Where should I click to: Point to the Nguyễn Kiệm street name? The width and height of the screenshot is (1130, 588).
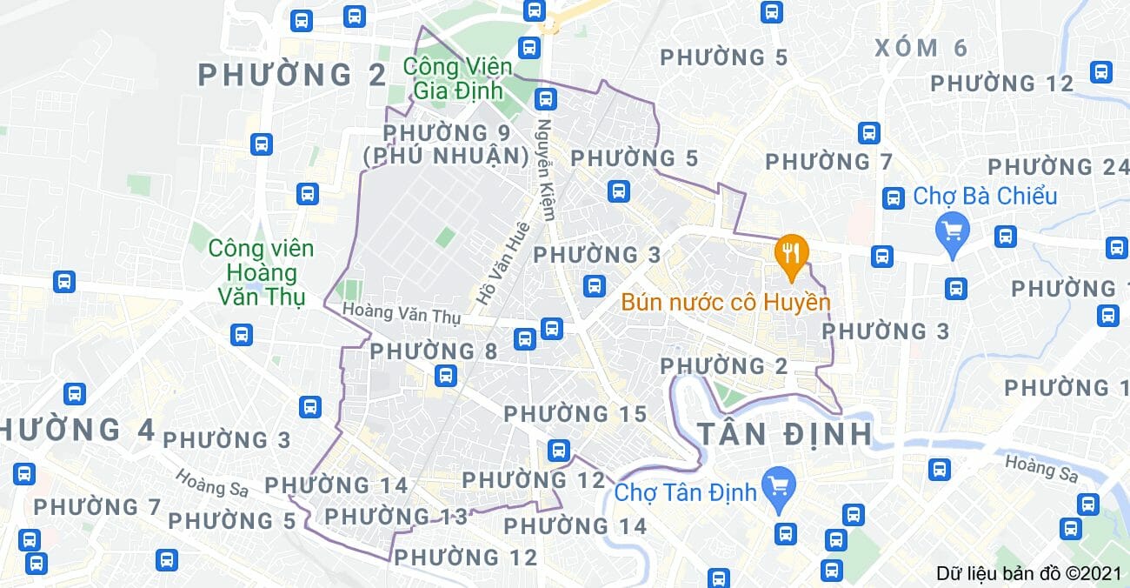(548, 169)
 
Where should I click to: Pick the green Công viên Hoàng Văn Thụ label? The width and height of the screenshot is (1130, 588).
(261, 273)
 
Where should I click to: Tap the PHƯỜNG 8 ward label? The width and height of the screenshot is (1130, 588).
(434, 351)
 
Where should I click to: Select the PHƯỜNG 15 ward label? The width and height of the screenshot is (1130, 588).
(575, 414)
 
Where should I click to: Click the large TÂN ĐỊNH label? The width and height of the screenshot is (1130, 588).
(785, 433)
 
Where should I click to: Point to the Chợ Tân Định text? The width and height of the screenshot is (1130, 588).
(686, 492)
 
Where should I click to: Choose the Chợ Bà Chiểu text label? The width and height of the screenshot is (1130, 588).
(985, 196)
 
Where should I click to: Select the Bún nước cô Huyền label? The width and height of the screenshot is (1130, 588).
(726, 303)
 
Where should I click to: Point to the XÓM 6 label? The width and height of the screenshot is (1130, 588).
(921, 48)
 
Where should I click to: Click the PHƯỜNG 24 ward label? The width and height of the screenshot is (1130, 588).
(1057, 167)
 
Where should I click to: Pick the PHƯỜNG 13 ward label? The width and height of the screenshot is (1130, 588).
(396, 517)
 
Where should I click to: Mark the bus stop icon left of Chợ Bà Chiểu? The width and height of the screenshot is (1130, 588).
(893, 197)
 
